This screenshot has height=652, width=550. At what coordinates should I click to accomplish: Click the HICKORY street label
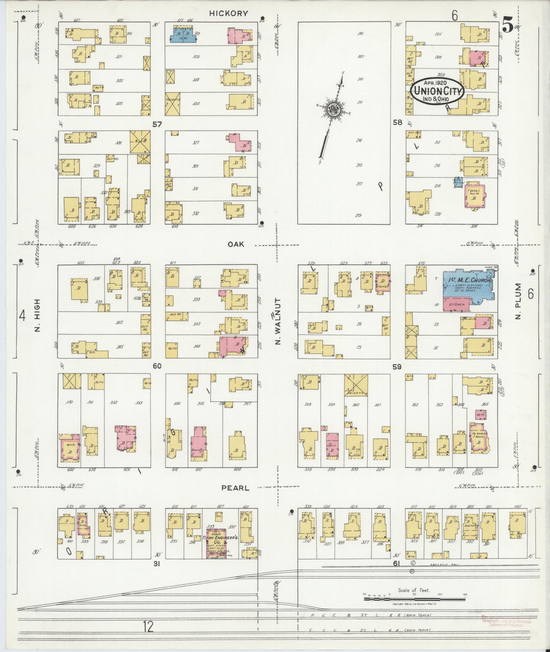click(228, 13)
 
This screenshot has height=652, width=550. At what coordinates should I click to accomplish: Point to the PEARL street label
click(235, 488)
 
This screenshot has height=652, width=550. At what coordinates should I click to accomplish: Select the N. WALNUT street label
click(278, 321)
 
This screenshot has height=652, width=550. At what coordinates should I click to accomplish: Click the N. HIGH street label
click(37, 315)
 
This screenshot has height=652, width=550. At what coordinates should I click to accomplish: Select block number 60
click(157, 366)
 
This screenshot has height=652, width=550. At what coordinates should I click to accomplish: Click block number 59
click(397, 367)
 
